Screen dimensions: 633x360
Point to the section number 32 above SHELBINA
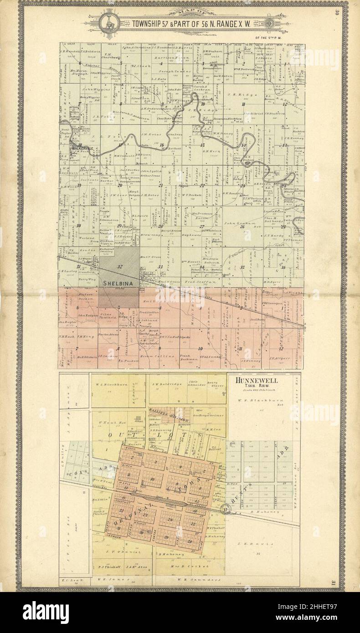[120, 266]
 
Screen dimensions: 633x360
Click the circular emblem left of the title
[109, 21]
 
